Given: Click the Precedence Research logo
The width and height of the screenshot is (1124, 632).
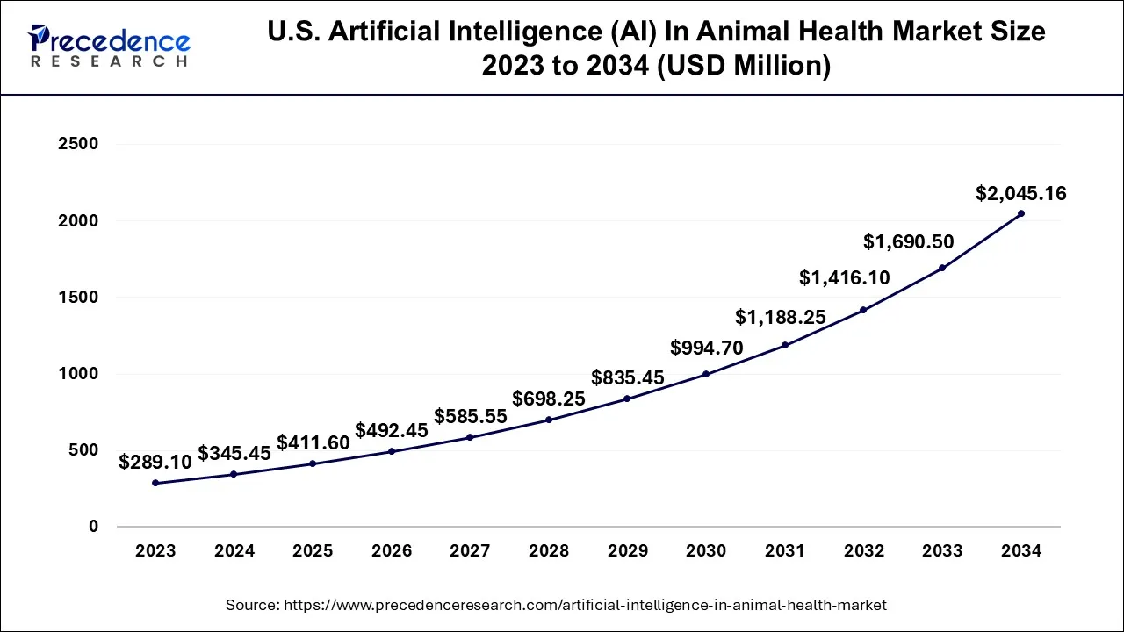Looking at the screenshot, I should [x=110, y=46].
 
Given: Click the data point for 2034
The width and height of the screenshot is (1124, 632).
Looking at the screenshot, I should [x=1020, y=213].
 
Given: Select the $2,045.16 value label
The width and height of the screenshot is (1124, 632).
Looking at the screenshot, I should [x=1020, y=194].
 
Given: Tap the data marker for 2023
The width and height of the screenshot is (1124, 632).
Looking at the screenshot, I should [x=155, y=483].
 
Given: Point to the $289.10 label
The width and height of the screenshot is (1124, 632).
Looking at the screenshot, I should [x=155, y=462].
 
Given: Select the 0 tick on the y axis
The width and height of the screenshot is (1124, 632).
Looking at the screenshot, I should [x=93, y=527].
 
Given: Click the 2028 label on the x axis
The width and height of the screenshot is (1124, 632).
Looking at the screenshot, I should [x=549, y=551].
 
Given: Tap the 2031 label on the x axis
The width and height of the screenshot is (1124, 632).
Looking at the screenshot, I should [x=784, y=551].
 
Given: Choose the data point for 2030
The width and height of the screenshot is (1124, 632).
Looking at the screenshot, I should [x=706, y=374].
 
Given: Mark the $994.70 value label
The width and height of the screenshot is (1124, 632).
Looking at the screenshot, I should [x=706, y=348].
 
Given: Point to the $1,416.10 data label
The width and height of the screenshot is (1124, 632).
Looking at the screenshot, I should [x=844, y=278].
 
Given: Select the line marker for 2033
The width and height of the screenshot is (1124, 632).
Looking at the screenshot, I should [x=941, y=268].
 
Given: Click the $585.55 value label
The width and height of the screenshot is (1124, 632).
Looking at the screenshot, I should [x=470, y=417].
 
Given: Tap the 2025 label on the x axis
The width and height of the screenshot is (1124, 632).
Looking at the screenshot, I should [x=313, y=551].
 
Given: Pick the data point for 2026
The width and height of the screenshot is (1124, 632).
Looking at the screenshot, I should [x=392, y=451].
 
